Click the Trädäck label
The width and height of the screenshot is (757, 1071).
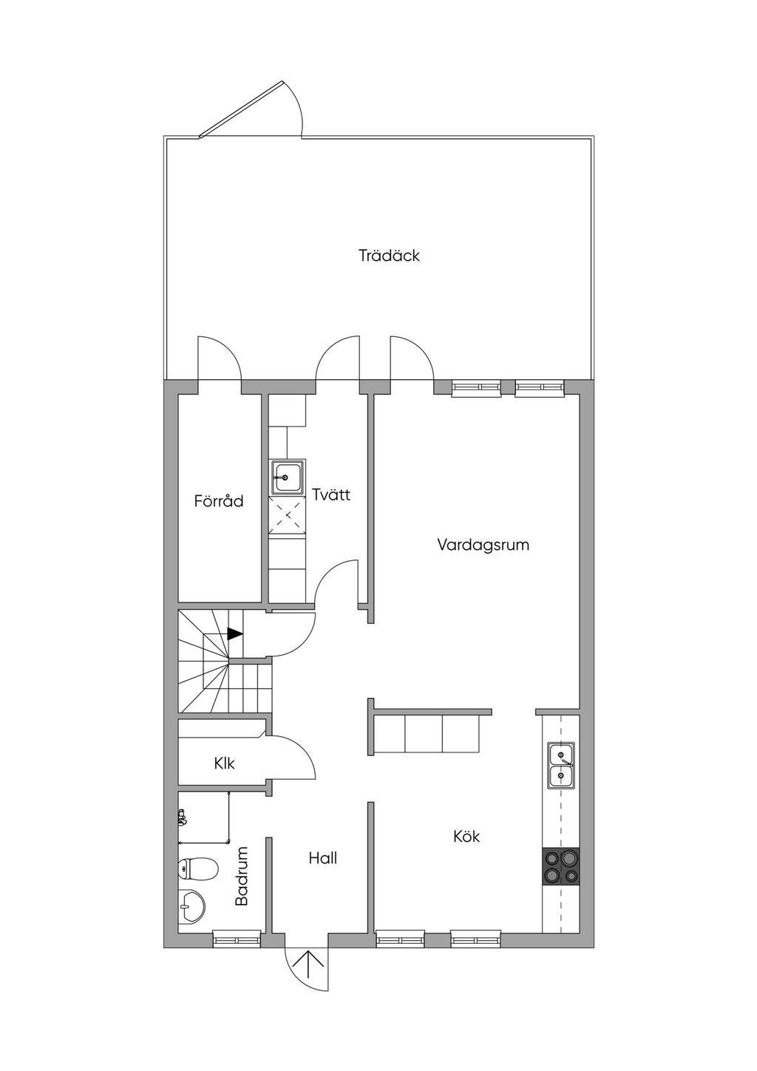pyautogui.click(x=389, y=255)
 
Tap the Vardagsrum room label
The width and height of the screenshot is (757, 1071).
pyautogui.click(x=483, y=545)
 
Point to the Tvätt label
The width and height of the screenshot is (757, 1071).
pyautogui.click(x=331, y=494)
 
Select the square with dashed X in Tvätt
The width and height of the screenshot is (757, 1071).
pyautogui.click(x=287, y=515)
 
